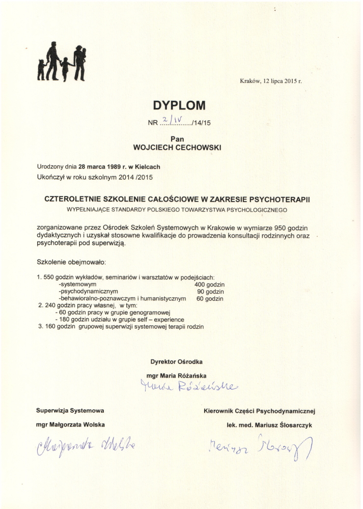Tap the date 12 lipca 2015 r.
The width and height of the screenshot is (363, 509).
(x=282, y=80)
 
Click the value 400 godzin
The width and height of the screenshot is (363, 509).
(x=210, y=285)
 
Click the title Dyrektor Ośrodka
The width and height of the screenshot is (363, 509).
(x=177, y=361)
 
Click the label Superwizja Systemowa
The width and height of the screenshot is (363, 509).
(x=70, y=410)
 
